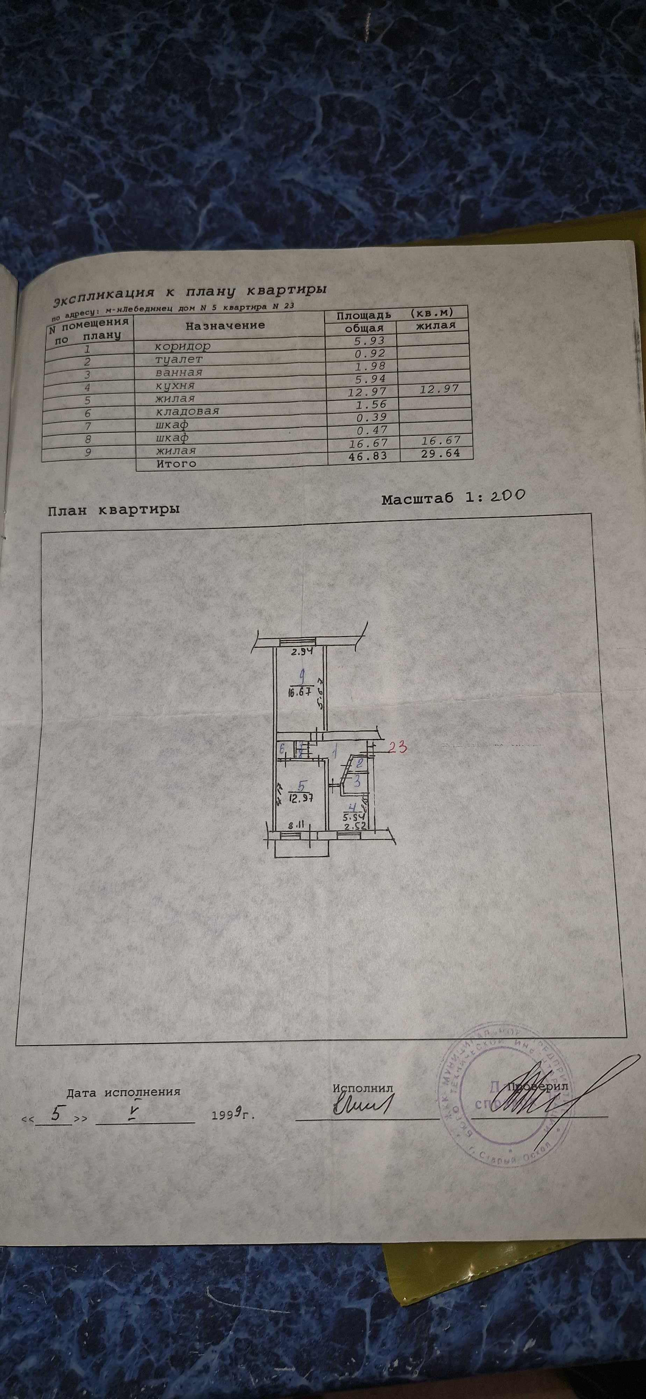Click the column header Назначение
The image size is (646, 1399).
225,325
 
